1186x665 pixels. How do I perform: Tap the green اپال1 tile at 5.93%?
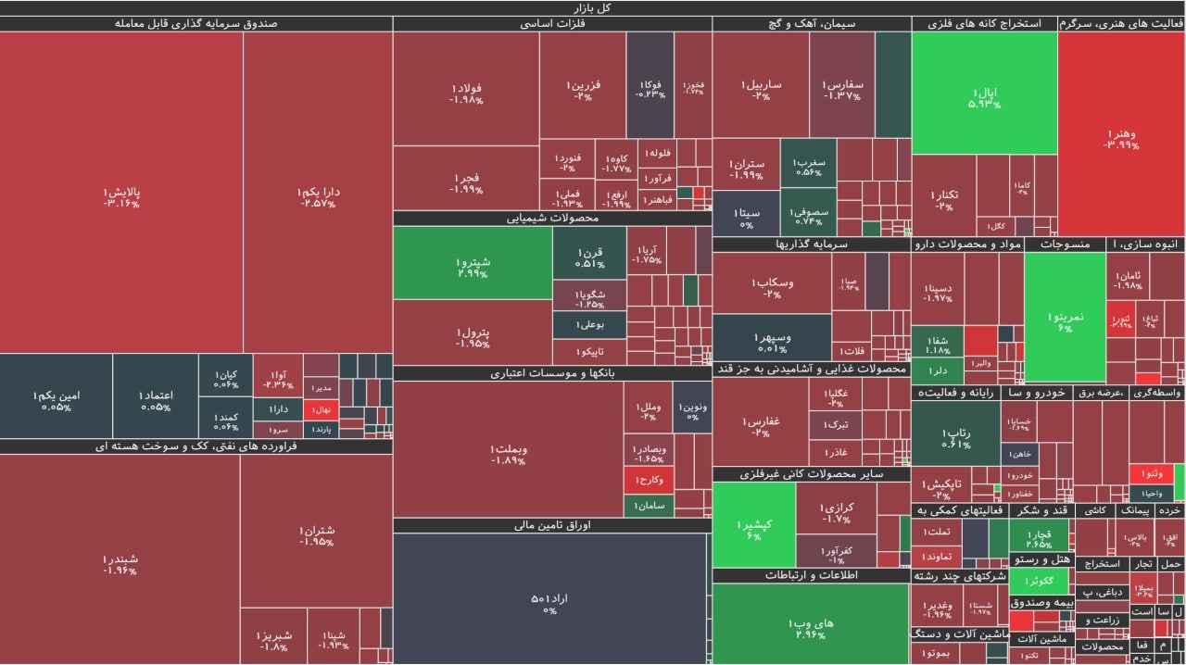point(984,95)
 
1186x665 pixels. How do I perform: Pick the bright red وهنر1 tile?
point(1121,139)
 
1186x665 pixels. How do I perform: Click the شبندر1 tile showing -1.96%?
point(120,564)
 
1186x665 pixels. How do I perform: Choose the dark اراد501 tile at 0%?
point(549,603)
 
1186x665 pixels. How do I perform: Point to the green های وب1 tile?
point(810,628)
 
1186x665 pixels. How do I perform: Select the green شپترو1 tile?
point(473,267)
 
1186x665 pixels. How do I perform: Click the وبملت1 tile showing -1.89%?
point(509,455)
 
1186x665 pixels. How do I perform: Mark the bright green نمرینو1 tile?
point(1065,321)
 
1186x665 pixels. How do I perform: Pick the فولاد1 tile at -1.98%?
point(466,93)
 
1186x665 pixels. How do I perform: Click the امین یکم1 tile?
point(57,400)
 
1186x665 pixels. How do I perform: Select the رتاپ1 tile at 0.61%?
point(955,437)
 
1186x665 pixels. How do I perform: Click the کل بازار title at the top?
point(593,7)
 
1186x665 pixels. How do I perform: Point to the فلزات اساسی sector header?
point(552,24)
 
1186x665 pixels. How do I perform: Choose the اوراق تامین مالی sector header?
point(552,525)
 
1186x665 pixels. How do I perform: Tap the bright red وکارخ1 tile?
point(650,480)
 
